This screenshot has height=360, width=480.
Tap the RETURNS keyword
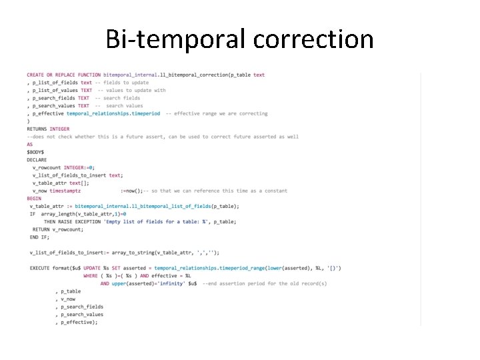click(37, 129)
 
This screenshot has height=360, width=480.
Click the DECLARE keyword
click(37, 160)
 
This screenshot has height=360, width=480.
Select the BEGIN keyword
click(34, 198)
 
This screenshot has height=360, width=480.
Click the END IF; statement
click(39, 237)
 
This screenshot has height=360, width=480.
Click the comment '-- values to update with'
click(132, 90)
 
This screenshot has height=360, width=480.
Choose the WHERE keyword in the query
click(91, 275)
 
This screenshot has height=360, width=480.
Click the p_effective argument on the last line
click(79, 321)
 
